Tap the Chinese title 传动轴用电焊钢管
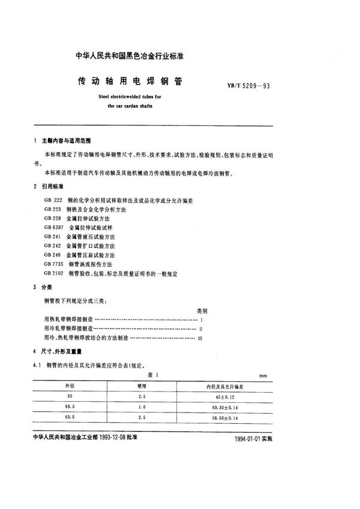131,80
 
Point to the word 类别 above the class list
202,312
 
